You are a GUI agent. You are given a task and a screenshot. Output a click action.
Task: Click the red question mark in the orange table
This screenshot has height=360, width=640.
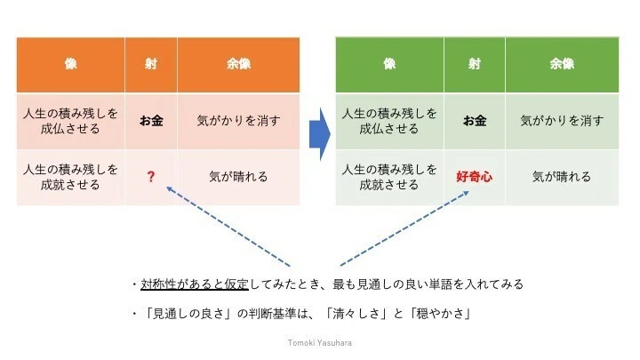tap(151, 176)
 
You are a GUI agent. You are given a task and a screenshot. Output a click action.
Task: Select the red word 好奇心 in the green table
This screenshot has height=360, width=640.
tap(474, 177)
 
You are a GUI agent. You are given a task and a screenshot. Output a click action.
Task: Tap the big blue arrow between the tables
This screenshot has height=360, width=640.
tap(320, 134)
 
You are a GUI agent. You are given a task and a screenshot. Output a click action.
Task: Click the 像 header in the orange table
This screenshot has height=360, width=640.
tap(70, 64)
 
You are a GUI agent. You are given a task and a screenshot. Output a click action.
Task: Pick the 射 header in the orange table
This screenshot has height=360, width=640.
tap(150, 64)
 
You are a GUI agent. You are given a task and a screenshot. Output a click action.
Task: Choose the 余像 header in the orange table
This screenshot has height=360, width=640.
tap(238, 64)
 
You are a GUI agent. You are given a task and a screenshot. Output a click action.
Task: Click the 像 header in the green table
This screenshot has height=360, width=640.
tap(389, 64)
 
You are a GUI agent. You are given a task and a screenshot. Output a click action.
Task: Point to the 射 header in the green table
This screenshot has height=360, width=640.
tap(475, 64)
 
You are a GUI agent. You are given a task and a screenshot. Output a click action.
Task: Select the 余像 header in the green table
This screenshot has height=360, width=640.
tap(562, 64)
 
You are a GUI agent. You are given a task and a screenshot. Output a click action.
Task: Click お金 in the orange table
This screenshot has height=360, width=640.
tap(151, 120)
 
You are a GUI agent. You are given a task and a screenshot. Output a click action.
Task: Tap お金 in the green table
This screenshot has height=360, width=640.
tap(475, 120)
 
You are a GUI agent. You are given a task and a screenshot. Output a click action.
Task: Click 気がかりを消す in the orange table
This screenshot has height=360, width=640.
tap(238, 120)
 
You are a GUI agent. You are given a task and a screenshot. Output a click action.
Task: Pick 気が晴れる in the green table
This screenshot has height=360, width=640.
tap(562, 177)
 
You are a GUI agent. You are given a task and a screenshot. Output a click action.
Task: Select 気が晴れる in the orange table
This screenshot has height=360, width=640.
tap(238, 177)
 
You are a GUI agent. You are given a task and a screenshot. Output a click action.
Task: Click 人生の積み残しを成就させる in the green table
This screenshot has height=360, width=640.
tap(389, 177)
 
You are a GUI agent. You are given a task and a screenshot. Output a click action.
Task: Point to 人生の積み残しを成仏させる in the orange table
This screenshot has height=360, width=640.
tap(70, 121)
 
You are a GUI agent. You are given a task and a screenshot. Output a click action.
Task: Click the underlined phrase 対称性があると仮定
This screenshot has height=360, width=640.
tap(195, 284)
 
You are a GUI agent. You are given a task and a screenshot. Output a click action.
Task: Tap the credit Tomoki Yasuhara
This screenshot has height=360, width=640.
tap(320, 343)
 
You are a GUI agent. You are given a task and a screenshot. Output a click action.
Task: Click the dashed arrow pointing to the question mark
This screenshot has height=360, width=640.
tap(228, 227)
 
